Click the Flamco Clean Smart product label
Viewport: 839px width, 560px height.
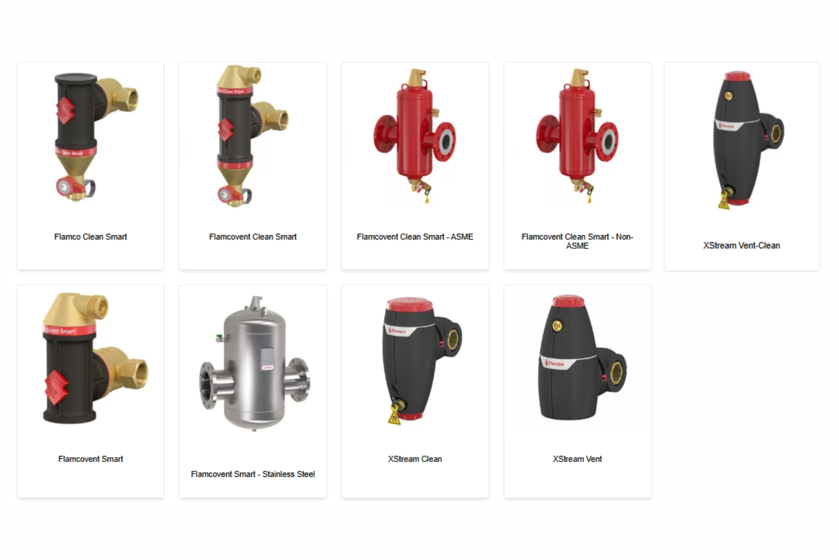coord(90,237)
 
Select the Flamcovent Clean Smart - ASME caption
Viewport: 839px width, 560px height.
coord(415,237)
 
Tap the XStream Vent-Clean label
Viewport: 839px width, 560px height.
coord(741,245)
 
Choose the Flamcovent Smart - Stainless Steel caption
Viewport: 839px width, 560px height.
coord(253,474)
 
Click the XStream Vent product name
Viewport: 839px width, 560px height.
coord(577,459)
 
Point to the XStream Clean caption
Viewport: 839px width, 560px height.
coord(415,459)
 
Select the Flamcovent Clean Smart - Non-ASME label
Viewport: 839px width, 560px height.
coord(577,241)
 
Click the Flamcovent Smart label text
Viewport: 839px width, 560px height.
coord(90,459)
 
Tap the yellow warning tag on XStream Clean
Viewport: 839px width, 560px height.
coord(394,415)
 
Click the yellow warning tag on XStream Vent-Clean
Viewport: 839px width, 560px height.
coord(723,203)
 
